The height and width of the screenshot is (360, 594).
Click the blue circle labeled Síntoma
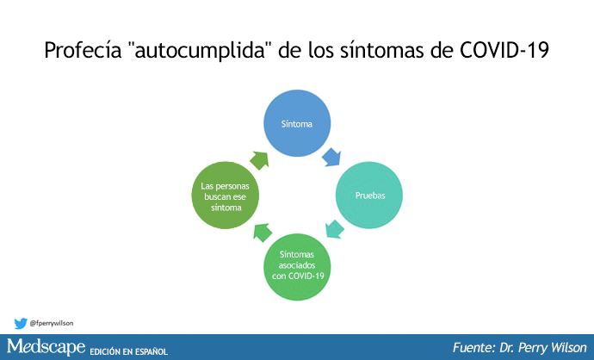[297, 123]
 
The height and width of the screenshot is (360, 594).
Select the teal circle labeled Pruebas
[369, 196]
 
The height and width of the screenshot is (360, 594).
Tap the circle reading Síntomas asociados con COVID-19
[297, 267]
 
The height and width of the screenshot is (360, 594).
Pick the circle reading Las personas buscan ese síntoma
[226, 196]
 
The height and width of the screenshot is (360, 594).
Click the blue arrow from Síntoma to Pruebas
[331, 157]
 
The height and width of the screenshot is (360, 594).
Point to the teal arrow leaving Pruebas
[335, 229]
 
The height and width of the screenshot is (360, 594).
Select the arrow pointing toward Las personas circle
[263, 233]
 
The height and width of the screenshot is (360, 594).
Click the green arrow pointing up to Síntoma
[259, 161]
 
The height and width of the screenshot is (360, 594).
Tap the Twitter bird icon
[21, 323]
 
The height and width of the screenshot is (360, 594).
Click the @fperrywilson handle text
[52, 323]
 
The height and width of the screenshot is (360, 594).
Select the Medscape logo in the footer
[46, 346]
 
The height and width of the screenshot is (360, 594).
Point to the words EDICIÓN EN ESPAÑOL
[129, 351]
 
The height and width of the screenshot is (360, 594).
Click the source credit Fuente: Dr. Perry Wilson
[519, 347]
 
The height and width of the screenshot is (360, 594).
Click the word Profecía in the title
[83, 50]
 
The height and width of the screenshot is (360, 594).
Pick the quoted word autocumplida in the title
[201, 50]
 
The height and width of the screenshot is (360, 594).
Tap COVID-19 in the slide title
[504, 50]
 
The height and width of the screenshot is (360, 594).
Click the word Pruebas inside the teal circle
[370, 196]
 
